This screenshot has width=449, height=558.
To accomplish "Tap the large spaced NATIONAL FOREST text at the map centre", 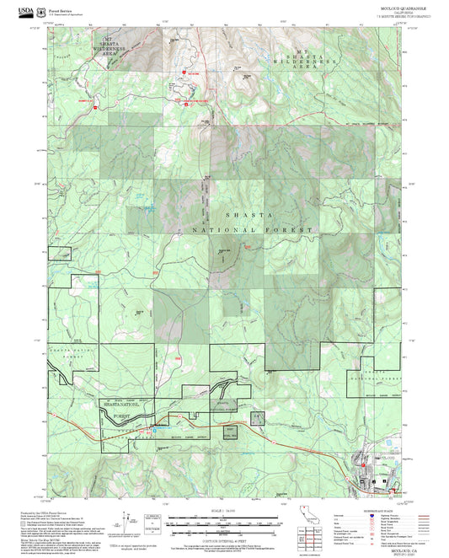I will [252, 229].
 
